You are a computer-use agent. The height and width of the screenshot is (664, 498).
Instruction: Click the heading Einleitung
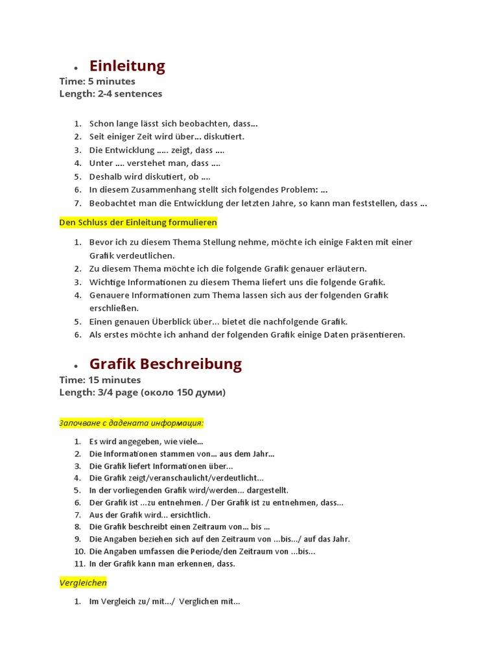[x=127, y=65]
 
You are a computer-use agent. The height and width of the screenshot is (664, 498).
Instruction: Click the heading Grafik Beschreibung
[x=165, y=364]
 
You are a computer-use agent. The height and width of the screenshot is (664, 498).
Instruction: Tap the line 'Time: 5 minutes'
[x=97, y=81]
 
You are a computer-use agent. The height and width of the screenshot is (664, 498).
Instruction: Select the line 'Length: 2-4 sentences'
[x=111, y=93]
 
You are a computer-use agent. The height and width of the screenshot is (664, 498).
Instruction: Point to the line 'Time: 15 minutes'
[x=100, y=379]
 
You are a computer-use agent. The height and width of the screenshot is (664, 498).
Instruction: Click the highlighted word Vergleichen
[x=83, y=583]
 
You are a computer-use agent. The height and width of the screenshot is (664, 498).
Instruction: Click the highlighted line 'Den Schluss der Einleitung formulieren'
[x=138, y=222]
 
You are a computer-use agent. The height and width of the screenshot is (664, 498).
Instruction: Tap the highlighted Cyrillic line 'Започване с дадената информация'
[x=131, y=423]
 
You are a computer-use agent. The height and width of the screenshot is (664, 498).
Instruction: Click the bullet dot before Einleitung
[x=76, y=68]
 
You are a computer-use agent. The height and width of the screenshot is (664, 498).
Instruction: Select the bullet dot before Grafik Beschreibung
[x=76, y=366]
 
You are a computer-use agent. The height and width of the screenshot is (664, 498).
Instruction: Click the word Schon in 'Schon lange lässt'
[x=101, y=123]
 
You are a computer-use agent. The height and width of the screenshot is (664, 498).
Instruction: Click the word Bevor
[x=101, y=242]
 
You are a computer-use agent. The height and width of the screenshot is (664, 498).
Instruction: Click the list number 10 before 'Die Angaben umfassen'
[x=78, y=551]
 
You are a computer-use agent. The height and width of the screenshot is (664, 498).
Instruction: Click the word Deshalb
[x=107, y=176]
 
